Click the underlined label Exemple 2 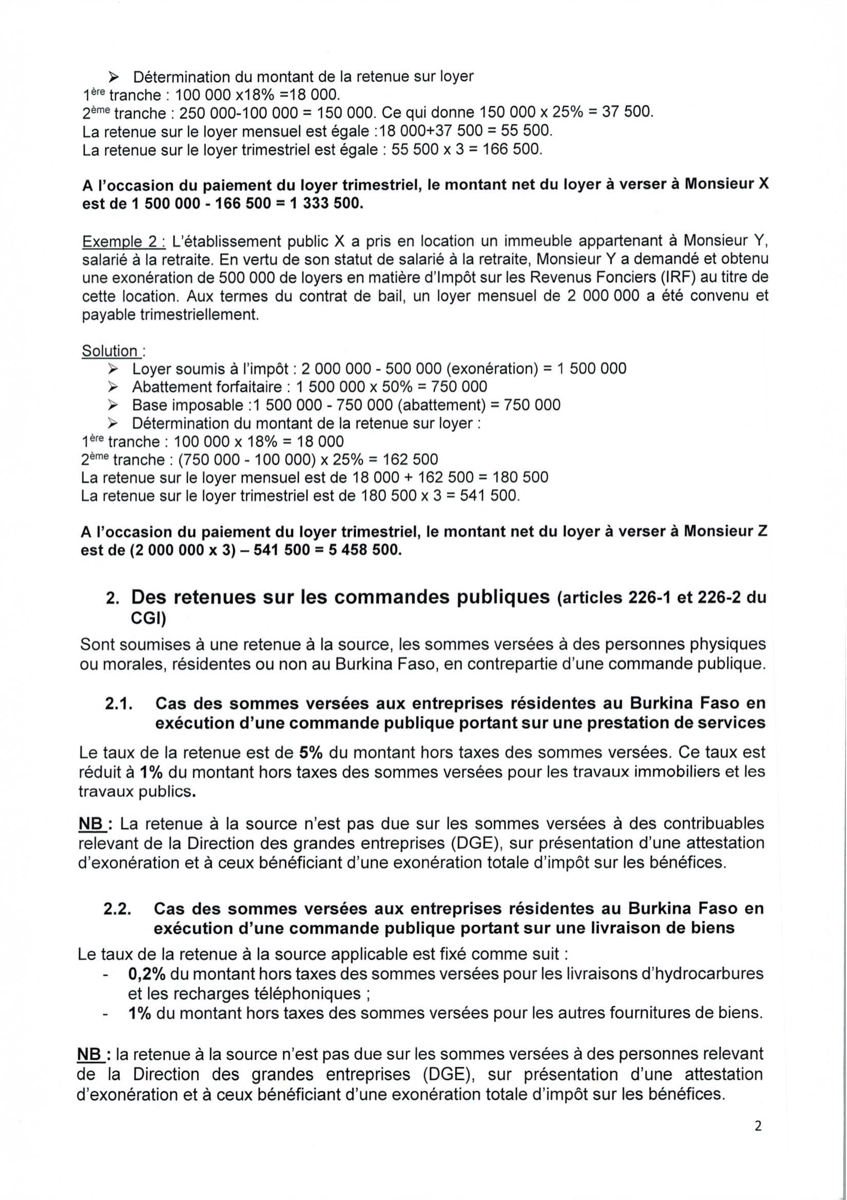tap(123, 242)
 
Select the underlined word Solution tap(110, 351)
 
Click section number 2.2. tap(117, 909)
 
